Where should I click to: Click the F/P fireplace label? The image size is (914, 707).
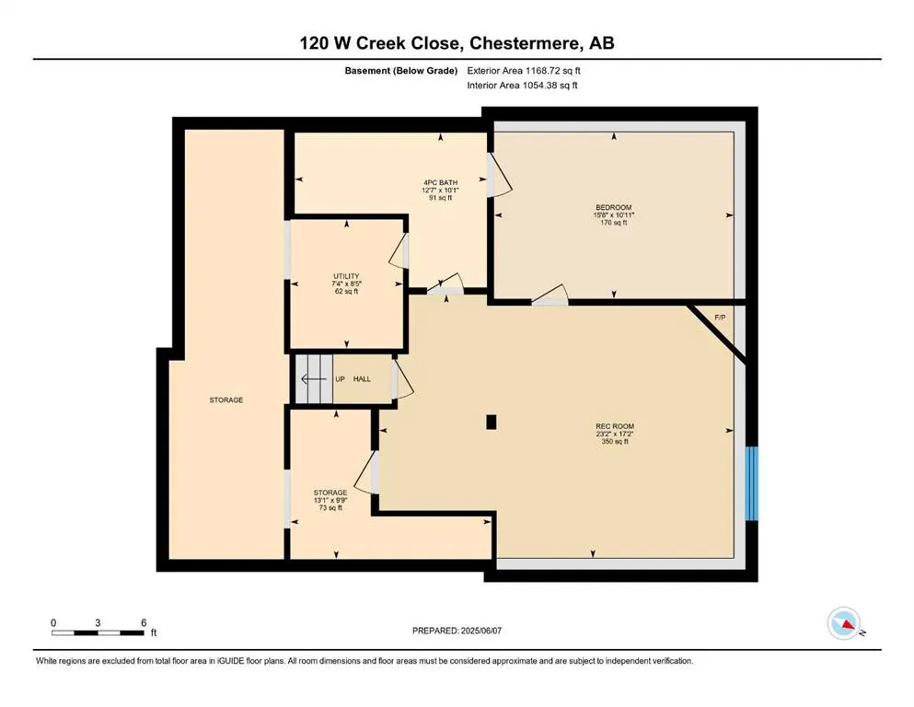point(720,318)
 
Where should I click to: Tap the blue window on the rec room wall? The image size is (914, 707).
point(751,483)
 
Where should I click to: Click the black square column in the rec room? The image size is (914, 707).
point(492,422)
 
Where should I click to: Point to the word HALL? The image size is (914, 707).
point(363,378)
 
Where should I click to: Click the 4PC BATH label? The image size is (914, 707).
point(436,182)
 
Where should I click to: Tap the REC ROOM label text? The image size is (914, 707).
point(614,426)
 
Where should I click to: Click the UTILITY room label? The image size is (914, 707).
point(346,276)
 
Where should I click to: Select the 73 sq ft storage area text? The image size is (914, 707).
point(329,508)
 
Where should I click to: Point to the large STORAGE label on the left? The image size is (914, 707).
point(226,400)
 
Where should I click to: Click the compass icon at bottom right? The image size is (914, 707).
point(844,624)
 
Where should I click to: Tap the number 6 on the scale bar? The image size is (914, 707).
point(144,622)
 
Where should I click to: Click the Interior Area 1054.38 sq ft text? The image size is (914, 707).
point(523,86)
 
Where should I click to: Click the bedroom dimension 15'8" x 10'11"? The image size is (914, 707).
point(614,215)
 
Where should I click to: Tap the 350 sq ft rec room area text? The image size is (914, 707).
point(614,442)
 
